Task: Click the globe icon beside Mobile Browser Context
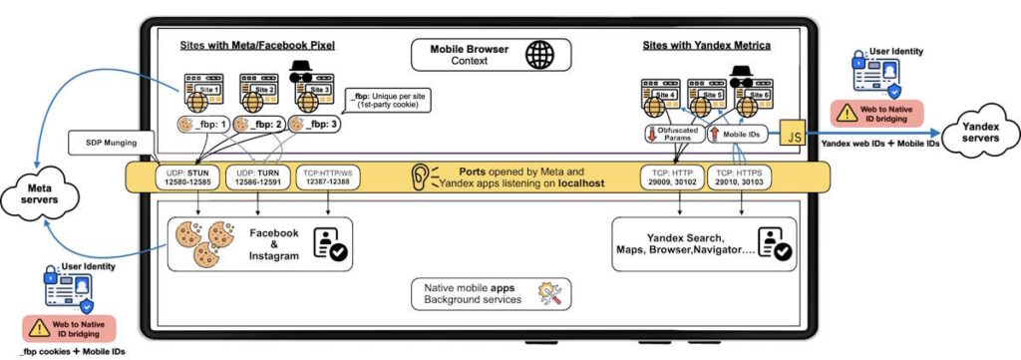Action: click(x=541, y=54)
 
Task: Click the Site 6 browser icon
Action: click(x=754, y=99)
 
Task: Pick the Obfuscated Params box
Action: click(x=670, y=132)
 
